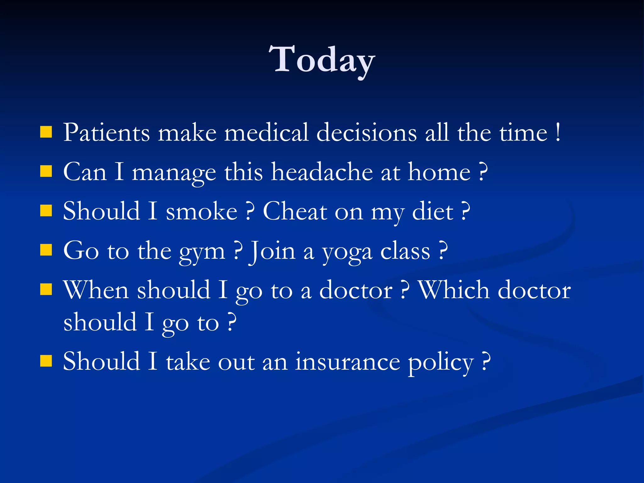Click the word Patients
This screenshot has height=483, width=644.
pyautogui.click(x=106, y=132)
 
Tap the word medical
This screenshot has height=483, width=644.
pyautogui.click(x=266, y=132)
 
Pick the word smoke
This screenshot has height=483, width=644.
pyautogui.click(x=202, y=211)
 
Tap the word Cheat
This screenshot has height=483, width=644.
pyautogui.click(x=295, y=211)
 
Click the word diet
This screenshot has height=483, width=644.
pyautogui.click(x=433, y=211)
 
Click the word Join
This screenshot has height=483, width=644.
pyautogui.click(x=272, y=251)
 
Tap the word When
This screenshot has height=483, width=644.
pyautogui.click(x=96, y=290)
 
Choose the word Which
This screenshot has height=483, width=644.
pyautogui.click(x=454, y=290)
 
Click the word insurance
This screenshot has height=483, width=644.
pyautogui.click(x=347, y=362)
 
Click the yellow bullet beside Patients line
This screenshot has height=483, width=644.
pyautogui.click(x=46, y=132)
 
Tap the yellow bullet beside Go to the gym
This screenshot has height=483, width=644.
pyautogui.click(x=46, y=251)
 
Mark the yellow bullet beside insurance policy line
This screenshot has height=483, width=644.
pyautogui.click(x=46, y=361)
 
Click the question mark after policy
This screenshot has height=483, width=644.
pyautogui.click(x=486, y=362)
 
